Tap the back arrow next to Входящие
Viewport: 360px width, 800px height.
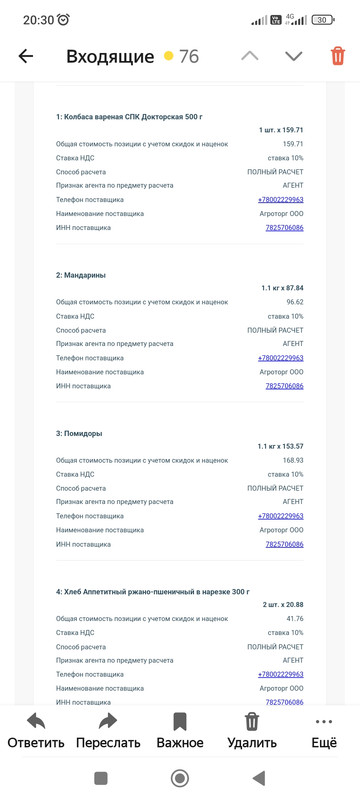click(x=26, y=56)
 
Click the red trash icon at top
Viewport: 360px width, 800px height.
click(x=338, y=56)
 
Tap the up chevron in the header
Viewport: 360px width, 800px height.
click(x=250, y=56)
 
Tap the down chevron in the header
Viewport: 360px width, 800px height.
click(x=293, y=56)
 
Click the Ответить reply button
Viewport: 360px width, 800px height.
click(x=36, y=730)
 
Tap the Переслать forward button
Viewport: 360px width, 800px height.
click(x=108, y=730)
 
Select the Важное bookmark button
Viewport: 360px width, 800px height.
click(x=180, y=730)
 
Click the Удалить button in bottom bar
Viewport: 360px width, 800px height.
click(x=252, y=730)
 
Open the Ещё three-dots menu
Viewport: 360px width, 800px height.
click(x=323, y=730)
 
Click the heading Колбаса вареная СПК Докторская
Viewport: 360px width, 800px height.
click(x=129, y=117)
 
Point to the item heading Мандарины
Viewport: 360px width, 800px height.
click(x=81, y=275)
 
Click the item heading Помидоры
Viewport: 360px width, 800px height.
click(x=79, y=433)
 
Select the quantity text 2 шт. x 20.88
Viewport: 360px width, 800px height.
click(x=283, y=605)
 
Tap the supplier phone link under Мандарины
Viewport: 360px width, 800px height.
click(x=281, y=358)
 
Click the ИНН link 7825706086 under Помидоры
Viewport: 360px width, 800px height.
click(x=285, y=544)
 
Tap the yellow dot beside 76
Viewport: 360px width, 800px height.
click(x=169, y=56)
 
